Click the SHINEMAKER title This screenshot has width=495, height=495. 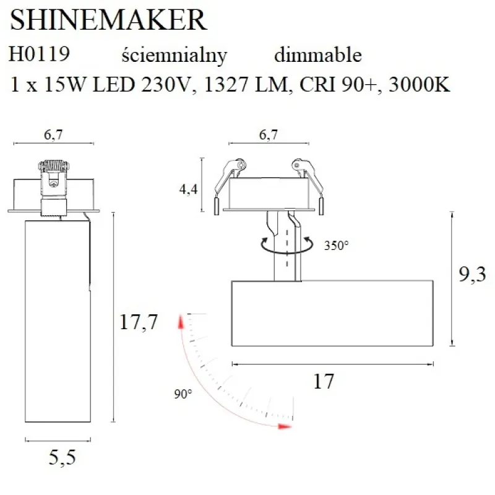coord(108,20)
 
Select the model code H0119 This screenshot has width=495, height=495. coord(40,55)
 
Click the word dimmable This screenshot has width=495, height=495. coord(317,55)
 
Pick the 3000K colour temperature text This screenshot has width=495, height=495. coord(420,85)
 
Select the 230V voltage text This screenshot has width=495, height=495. coord(163,85)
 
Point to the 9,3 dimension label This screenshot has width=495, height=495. coord(471,273)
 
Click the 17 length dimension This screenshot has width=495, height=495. coord(324,382)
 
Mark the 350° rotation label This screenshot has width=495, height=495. coord(336,245)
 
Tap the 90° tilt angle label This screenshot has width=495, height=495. coord(183,393)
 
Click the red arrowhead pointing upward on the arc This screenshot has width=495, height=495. coord(181,322)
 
